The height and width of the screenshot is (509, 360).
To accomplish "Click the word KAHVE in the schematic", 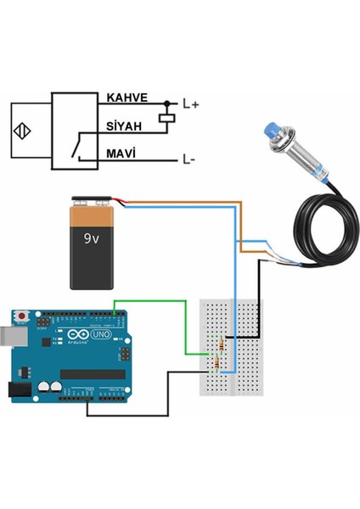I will click(127, 98).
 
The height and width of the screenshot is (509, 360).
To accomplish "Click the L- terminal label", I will click(188, 158).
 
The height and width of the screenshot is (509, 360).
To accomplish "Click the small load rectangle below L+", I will click(168, 120).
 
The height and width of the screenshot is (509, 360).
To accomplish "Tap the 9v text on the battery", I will click(92, 239).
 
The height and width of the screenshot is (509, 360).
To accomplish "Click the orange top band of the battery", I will click(92, 216).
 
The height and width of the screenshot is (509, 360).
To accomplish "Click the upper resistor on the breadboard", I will click(222, 345).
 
